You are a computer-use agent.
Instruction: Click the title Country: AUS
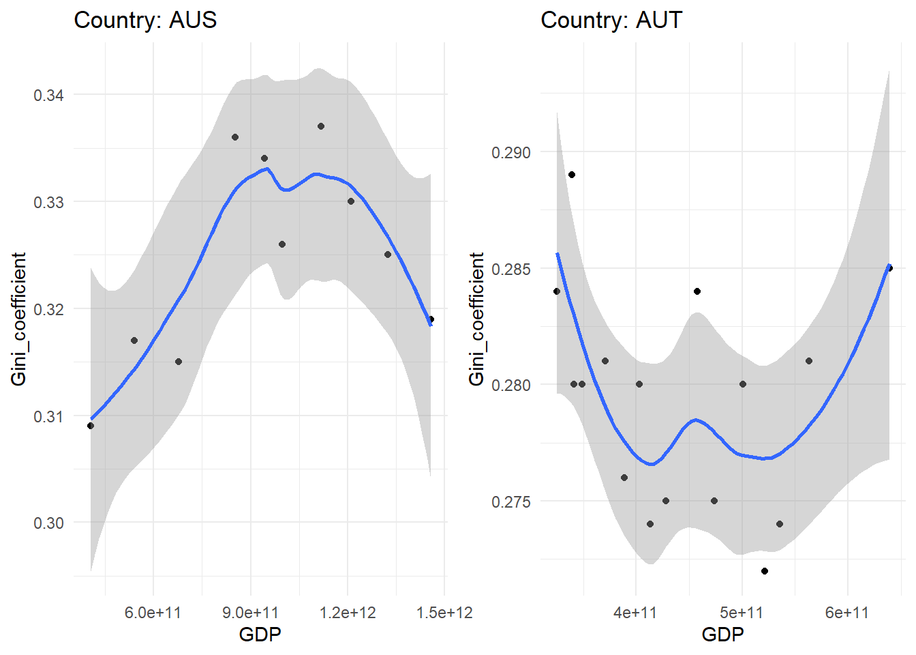tap(145, 20)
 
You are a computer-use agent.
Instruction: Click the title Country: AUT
tap(611, 20)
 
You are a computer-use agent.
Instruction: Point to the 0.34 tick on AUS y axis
tap(48, 95)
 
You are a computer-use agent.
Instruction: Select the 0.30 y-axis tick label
tap(48, 523)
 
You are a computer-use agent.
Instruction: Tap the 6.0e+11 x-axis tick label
tap(153, 612)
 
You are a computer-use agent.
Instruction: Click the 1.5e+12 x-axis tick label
tap(444, 612)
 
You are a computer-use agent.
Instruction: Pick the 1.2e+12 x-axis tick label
tap(348, 612)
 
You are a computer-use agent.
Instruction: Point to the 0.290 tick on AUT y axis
tap(510, 152)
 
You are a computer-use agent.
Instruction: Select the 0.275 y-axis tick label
tap(510, 501)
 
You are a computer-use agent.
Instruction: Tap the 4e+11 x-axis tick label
tap(635, 612)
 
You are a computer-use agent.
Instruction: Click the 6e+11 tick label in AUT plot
tap(847, 612)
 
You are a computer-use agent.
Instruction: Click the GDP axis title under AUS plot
tap(260, 635)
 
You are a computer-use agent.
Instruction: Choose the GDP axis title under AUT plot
tap(722, 635)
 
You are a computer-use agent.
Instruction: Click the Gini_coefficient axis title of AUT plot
tap(476, 319)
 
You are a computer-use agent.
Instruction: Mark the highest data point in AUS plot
tap(321, 126)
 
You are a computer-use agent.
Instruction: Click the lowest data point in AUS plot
tap(91, 426)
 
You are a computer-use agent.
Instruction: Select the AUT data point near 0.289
tap(572, 175)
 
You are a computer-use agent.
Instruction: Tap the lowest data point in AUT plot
tap(765, 571)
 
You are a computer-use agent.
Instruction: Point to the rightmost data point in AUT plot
tap(889, 268)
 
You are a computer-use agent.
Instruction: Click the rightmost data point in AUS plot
tap(431, 319)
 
